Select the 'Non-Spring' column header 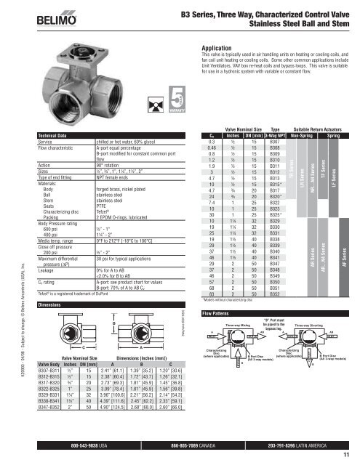tap(296, 136)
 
